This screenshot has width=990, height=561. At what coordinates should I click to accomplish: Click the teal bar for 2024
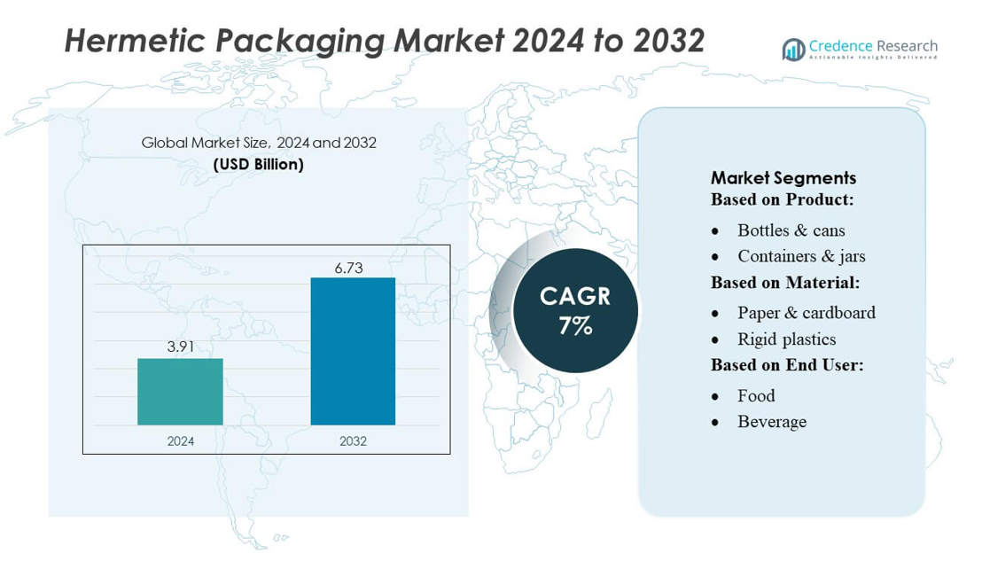click(x=180, y=391)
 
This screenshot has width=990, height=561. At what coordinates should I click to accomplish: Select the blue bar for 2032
click(x=353, y=351)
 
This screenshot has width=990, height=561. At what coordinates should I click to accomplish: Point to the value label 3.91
click(x=181, y=347)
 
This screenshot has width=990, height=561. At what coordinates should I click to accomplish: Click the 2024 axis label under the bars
click(x=180, y=440)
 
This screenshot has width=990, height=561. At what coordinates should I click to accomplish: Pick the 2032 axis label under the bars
click(x=353, y=440)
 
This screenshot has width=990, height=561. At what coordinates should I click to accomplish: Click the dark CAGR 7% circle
click(x=575, y=310)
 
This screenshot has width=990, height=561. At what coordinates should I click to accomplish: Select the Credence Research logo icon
click(x=793, y=50)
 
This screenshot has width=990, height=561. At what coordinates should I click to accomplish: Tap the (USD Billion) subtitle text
click(x=259, y=164)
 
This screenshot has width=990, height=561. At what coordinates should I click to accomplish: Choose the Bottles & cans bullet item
click(x=791, y=230)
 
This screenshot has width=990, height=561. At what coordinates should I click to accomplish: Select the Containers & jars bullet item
click(x=801, y=256)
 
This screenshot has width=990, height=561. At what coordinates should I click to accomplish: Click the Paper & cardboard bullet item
click(x=806, y=313)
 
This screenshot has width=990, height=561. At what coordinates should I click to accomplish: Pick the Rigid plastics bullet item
click(x=786, y=339)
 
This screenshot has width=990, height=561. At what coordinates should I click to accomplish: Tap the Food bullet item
click(x=756, y=395)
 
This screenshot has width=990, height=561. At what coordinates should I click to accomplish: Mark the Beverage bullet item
click(x=772, y=422)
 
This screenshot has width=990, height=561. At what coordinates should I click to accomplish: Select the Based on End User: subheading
click(x=787, y=365)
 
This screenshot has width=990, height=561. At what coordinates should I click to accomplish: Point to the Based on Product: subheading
click(x=782, y=199)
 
